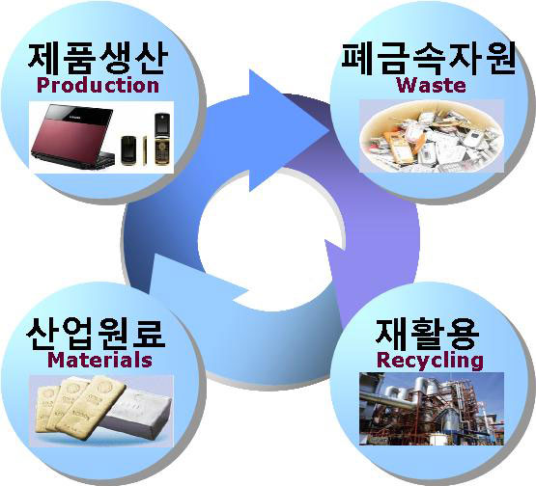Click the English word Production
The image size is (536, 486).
(98, 85)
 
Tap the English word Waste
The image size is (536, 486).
(431, 85)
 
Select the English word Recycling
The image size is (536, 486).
(430, 361)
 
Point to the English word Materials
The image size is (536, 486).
(99, 360)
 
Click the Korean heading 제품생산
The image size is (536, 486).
(98, 58)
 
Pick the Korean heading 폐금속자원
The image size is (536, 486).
(429, 59)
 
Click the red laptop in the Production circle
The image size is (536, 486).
(73, 137)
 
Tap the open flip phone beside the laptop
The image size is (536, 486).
(162, 139)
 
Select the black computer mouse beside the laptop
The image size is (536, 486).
(128, 150)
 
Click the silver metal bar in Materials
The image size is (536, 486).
(138, 416)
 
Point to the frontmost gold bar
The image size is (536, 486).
(92, 406)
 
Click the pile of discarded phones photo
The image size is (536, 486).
(432, 137)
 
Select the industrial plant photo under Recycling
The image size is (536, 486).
(432, 409)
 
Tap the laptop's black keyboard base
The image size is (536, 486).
(77, 161)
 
